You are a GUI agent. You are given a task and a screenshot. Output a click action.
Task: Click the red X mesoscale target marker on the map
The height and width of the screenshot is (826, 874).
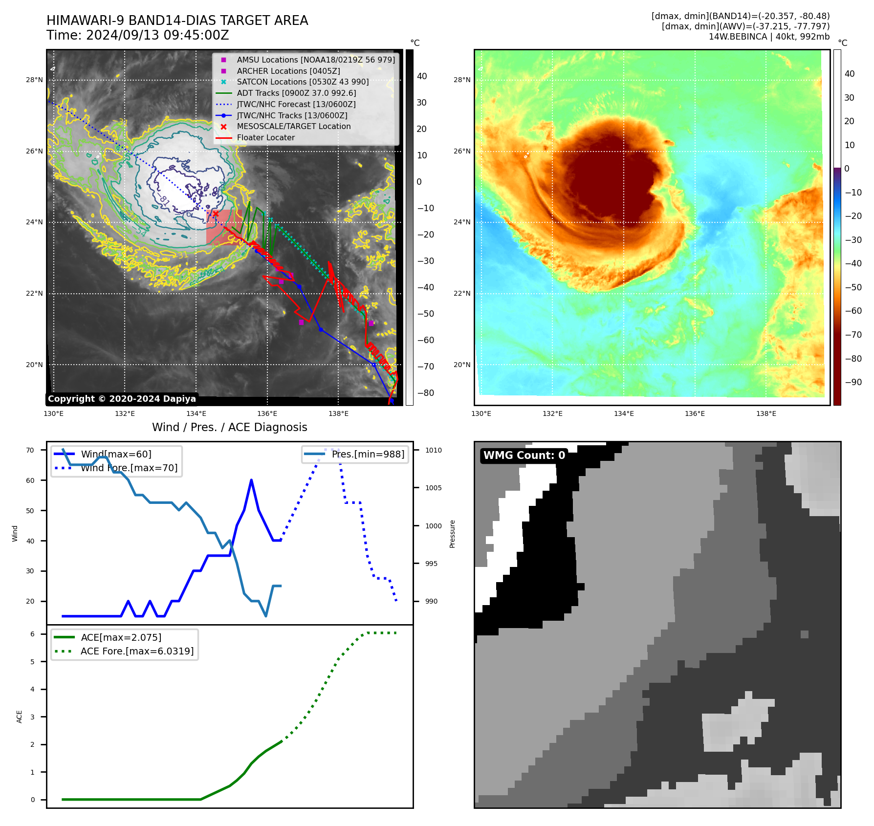[216, 214]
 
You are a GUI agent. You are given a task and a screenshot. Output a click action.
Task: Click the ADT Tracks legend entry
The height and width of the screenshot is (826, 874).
[296, 93]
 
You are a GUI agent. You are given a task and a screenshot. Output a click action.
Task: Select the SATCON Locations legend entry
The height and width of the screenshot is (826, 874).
[303, 82]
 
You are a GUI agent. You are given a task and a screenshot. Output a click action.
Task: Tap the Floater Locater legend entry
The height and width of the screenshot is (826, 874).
[265, 137]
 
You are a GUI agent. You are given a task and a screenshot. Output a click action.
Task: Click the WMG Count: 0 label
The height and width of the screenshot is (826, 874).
[524, 456]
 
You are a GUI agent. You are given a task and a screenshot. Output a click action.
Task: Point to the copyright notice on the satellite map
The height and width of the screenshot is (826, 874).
[122, 399]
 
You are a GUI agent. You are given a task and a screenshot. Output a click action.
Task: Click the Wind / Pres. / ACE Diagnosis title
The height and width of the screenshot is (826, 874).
[229, 427]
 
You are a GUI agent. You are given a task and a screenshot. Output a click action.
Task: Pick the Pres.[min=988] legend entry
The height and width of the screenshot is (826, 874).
[368, 454]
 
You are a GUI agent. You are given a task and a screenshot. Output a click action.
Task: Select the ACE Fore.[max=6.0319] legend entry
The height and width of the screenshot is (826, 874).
[137, 651]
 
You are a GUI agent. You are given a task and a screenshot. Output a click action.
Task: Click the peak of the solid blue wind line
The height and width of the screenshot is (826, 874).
[251, 480]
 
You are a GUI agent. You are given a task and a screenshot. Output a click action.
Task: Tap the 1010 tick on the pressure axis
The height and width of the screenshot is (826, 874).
[433, 450]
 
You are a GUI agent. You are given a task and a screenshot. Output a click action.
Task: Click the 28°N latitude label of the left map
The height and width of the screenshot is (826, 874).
[34, 80]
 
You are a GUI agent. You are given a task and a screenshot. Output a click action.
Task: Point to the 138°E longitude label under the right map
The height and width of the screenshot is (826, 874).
[766, 413]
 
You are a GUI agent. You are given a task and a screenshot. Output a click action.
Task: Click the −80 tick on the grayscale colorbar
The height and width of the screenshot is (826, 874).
[425, 393]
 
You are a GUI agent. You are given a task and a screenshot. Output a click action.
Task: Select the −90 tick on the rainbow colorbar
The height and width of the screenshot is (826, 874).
[853, 382]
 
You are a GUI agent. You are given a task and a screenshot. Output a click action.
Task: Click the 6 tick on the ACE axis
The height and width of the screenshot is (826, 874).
[32, 634]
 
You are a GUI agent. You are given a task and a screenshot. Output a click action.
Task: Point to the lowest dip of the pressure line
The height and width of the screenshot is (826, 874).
[266, 616]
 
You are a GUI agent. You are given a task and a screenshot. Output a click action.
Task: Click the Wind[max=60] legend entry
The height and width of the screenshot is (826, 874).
[116, 454]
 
